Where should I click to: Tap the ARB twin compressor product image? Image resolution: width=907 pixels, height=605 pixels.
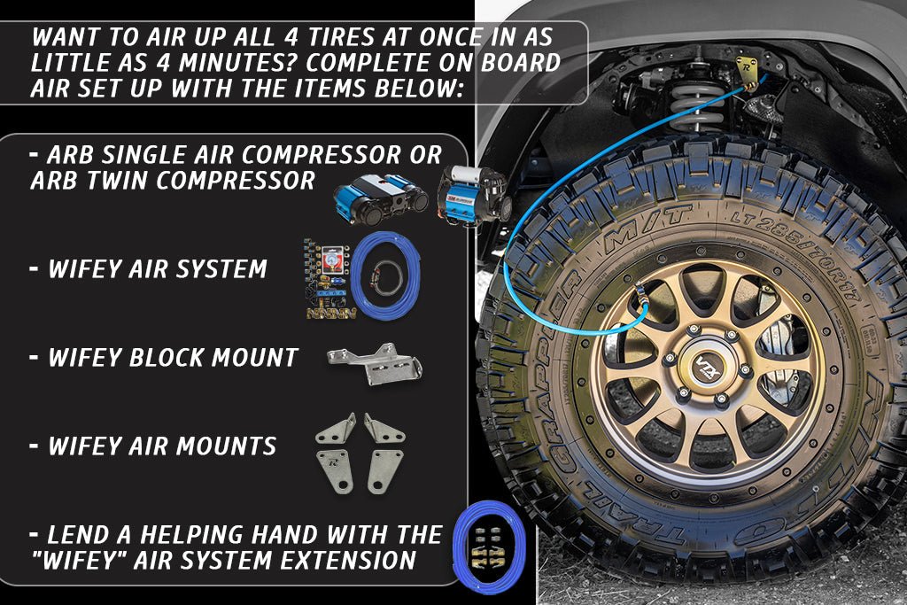[x=380, y=199]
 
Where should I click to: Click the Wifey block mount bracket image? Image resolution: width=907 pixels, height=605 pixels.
[x=375, y=364]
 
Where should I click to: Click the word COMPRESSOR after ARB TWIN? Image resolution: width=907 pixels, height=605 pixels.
[x=236, y=181]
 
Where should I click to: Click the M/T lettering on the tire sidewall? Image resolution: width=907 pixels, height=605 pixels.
[x=647, y=229]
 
